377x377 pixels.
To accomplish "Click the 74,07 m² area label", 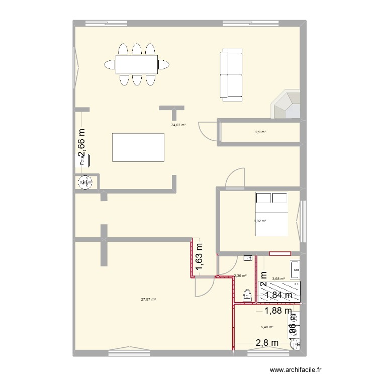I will [x=178, y=125].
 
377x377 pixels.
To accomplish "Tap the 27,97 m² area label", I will [x=148, y=299].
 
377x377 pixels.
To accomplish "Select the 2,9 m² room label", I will [x=260, y=132].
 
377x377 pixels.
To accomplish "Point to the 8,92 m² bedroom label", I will [x=260, y=221].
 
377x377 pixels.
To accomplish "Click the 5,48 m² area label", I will [x=267, y=327].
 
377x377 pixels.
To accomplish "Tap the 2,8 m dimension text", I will [x=267, y=343].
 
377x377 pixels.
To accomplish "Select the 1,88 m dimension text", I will [x=275, y=311].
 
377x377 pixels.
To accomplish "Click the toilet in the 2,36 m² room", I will [x=246, y=296].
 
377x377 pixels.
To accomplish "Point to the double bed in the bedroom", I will [x=271, y=214].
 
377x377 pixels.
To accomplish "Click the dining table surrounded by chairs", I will [x=137, y=64].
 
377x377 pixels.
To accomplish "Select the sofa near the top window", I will [x=231, y=75].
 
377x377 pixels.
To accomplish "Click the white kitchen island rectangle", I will [x=138, y=147].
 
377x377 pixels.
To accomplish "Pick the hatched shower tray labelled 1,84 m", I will [x=279, y=291].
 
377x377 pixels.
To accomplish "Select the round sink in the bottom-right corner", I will [x=296, y=344].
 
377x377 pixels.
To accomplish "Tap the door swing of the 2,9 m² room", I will [x=209, y=131].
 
